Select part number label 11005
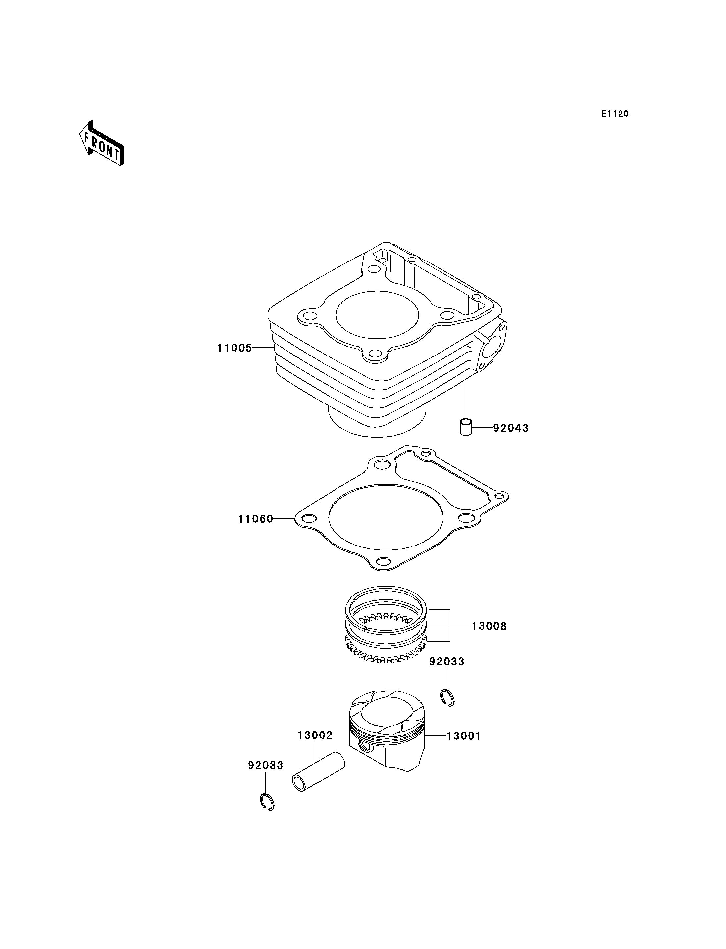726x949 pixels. coord(234,348)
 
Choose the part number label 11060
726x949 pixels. coord(255,519)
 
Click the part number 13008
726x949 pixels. coord(489,626)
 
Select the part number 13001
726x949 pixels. coord(463,735)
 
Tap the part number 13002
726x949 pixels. coord(315,735)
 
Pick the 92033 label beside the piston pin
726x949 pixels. coord(265,765)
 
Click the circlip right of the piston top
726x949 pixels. coord(447,698)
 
